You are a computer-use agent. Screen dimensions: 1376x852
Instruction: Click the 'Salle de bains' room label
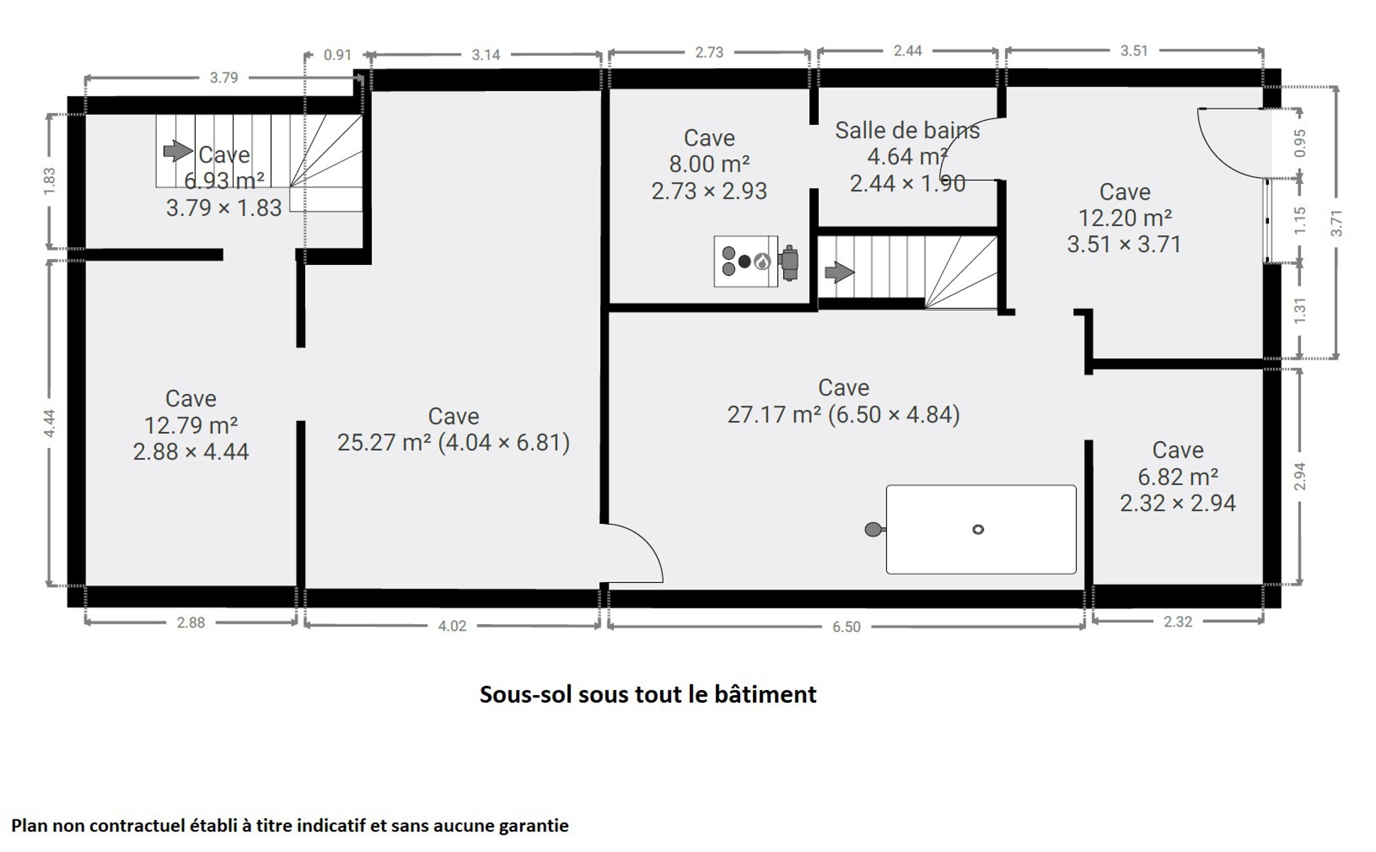[907, 131]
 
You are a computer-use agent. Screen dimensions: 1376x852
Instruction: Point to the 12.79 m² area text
[191, 425]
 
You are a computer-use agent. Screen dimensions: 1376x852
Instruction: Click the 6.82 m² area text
[1178, 476]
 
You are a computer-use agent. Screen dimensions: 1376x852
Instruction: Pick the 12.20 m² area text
[1125, 218]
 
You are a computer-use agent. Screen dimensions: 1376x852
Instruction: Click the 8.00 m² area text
[709, 164]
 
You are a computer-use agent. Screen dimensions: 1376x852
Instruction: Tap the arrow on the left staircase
[178, 151]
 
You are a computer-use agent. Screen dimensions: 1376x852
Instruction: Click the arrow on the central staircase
[840, 272]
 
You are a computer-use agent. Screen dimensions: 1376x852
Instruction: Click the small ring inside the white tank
[978, 529]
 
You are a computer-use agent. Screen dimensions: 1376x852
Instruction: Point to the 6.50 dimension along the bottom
[846, 627]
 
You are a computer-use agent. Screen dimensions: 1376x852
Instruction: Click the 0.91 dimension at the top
[337, 55]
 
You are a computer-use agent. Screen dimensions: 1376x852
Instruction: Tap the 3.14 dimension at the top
[485, 55]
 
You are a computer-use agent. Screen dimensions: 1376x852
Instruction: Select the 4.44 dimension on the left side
[49, 424]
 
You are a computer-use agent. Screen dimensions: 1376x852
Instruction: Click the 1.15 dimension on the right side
[1299, 220]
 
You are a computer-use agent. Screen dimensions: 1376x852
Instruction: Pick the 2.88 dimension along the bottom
[190, 623]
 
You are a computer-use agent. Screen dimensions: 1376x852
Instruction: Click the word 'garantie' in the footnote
[534, 826]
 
